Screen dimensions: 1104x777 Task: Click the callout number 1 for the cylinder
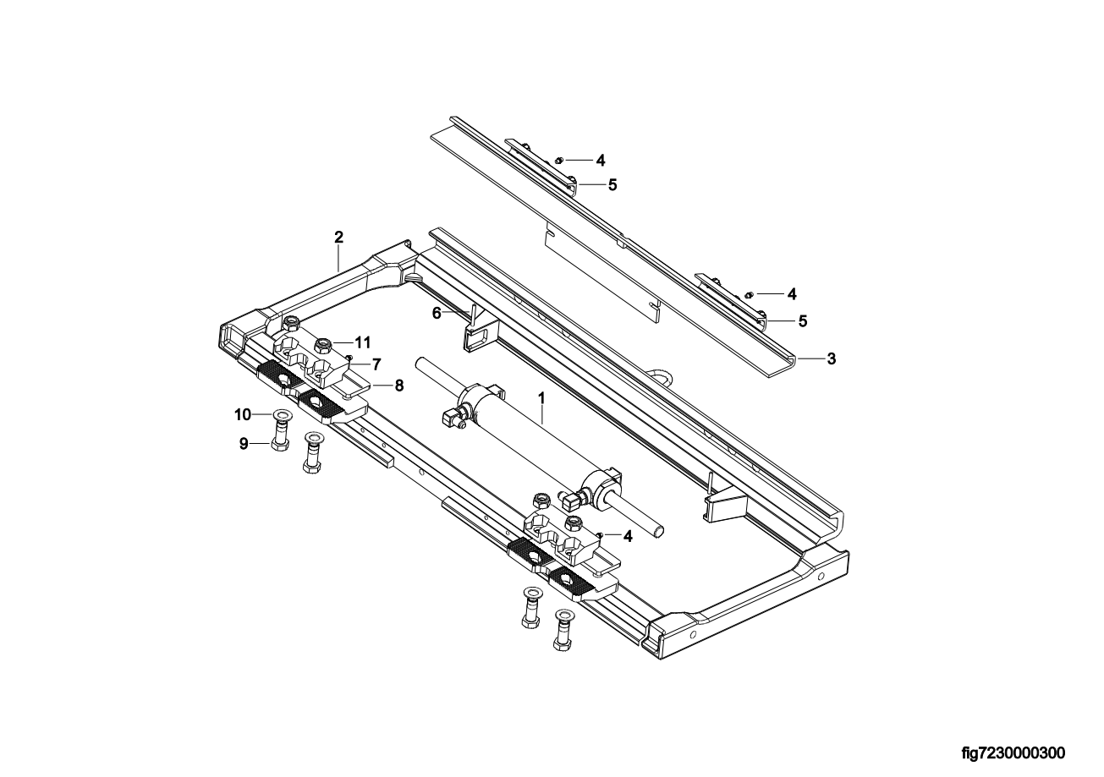541,397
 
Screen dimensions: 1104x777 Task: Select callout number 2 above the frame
338,237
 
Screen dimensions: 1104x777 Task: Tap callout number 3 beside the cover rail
832,359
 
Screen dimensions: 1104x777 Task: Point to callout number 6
437,313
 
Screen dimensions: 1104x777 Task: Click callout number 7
376,364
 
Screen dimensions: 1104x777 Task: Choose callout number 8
398,386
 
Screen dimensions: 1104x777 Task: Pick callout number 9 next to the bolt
244,444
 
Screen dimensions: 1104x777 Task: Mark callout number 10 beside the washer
243,415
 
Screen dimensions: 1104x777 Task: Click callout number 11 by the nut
362,342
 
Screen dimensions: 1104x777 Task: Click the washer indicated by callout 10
281,415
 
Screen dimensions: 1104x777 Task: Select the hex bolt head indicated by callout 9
278,446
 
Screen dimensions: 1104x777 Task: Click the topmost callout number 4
601,160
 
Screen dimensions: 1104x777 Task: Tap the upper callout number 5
612,185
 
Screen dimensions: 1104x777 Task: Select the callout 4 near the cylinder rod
628,536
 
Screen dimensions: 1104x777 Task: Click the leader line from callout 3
810,359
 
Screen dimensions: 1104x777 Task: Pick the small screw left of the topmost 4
558,160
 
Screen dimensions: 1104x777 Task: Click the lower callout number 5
803,321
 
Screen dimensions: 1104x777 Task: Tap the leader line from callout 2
338,258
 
